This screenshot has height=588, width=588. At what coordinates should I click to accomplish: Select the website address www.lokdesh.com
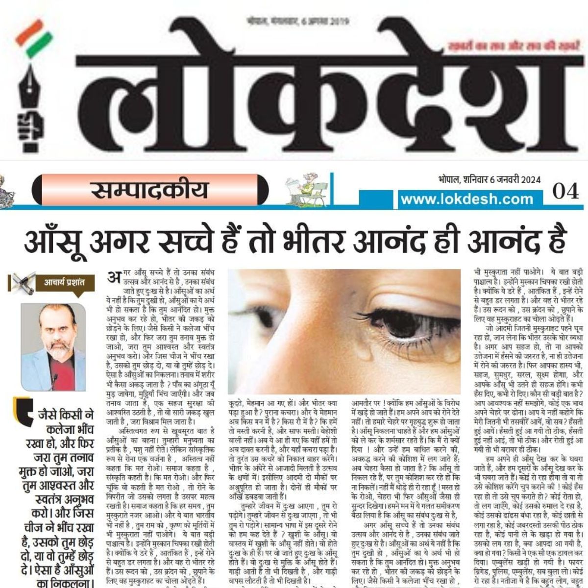tap(466, 199)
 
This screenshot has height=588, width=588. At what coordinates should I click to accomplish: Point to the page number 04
tap(565, 191)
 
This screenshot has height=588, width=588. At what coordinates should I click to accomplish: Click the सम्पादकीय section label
tap(150, 190)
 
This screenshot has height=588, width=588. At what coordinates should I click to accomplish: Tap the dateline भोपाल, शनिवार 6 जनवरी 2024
tap(489, 179)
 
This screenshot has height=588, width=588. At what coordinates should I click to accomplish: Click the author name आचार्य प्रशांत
tap(64, 282)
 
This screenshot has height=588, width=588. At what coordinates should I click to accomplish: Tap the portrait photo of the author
tap(53, 347)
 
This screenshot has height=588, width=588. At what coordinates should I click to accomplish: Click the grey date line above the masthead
tap(297, 21)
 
